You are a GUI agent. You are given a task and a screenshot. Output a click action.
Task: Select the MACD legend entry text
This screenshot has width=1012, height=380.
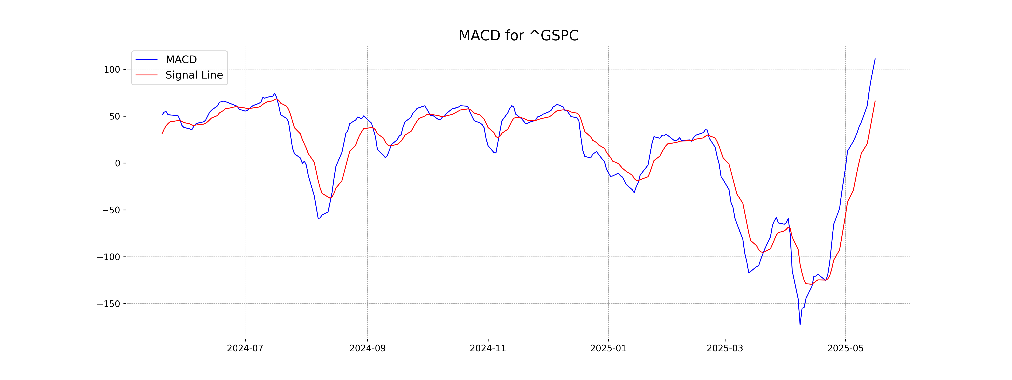181,59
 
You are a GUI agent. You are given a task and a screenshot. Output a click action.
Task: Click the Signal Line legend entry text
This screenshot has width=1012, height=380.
194,75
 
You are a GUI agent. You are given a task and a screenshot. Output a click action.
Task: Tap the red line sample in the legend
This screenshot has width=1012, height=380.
147,75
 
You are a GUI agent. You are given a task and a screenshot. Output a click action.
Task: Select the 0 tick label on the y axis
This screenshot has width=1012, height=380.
117,163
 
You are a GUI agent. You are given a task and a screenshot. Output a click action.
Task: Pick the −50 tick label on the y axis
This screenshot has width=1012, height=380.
111,210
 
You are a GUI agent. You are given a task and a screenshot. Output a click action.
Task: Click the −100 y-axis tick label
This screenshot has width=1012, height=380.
108,257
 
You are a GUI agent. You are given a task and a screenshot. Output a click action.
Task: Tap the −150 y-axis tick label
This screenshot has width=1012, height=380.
108,304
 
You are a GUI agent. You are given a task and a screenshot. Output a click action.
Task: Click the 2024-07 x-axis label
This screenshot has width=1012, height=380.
245,348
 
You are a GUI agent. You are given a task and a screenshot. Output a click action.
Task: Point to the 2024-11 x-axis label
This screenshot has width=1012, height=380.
488,348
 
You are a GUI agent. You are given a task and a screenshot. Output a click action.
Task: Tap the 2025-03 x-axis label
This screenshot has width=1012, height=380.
725,348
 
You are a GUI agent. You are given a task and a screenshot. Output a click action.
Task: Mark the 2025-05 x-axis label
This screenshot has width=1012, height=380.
845,348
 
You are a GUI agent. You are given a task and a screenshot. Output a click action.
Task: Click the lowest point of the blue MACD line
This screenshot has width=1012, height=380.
800,324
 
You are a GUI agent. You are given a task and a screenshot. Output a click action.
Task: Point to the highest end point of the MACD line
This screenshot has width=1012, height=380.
875,59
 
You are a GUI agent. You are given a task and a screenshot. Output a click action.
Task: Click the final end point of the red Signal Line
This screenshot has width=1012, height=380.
875,101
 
